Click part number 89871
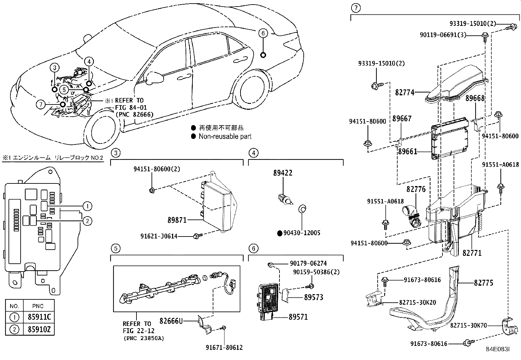coord(177,220)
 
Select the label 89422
coord(283,173)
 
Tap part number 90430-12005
coord(302,233)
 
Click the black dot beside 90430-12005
coord(279,233)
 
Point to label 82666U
coord(171,321)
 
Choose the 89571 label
coord(298,317)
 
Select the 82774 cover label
coord(404,92)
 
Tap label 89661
coord(407,151)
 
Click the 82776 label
coord(416,189)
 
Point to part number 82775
coord(483,282)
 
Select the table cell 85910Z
coord(39,329)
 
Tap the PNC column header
coord(38,306)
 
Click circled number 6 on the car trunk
coord(263,33)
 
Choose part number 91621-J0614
coord(159,236)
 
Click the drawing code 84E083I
coord(497,349)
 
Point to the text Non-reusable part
coord(225,136)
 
